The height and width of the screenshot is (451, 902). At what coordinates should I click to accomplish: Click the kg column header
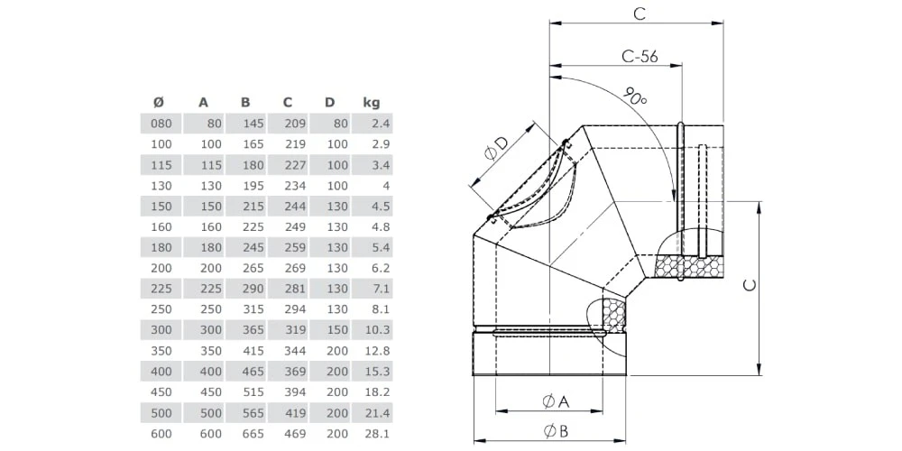pos(371,102)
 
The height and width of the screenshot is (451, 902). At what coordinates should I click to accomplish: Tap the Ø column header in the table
pos(159,102)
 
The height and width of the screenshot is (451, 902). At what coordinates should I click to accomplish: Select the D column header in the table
pos(329,102)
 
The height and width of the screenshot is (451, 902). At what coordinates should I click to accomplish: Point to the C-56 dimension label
pos(640,56)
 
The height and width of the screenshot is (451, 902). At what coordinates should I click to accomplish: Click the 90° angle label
pos(634,96)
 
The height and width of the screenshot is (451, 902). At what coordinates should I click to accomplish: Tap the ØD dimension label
pos(496,150)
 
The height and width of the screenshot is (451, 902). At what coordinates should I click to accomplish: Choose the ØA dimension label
pos(555,400)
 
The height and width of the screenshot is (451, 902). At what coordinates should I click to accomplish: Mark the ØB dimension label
pos(555,430)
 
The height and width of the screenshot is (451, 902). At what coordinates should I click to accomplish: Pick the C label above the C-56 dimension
pos(639,14)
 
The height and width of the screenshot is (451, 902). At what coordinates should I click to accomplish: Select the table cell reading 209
pos(295,123)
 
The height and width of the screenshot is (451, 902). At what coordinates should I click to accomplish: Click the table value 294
pos(295,308)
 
